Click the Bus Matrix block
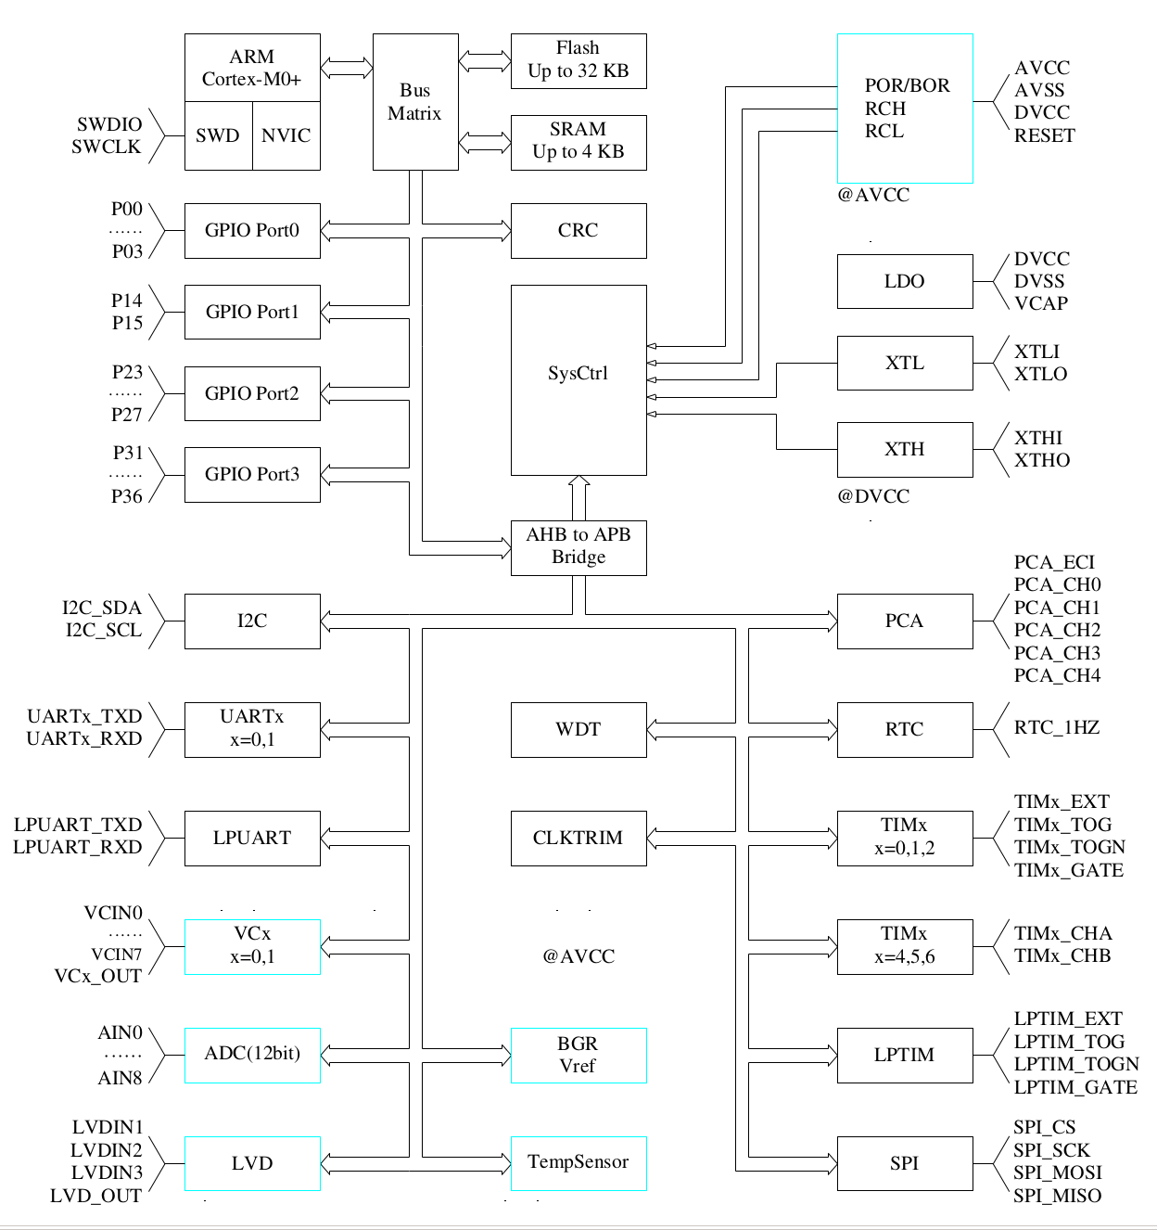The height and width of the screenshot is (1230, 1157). [x=415, y=102]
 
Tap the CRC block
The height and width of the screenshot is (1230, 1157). [x=578, y=230]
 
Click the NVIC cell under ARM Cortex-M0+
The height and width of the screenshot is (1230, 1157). [x=286, y=136]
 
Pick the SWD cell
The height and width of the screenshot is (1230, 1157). [x=218, y=136]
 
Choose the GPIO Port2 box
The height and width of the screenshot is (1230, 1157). [x=252, y=393]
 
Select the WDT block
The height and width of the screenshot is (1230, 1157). [x=578, y=729]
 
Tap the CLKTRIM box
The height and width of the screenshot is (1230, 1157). [x=578, y=838]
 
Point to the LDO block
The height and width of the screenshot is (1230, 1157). [x=905, y=281]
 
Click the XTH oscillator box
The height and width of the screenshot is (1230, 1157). [x=905, y=450]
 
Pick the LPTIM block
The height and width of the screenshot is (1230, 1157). [x=905, y=1055]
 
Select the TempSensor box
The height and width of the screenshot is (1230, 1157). [x=578, y=1162]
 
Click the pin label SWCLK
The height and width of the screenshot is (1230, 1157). [x=107, y=147]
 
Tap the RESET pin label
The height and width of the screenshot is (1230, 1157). [x=1045, y=135]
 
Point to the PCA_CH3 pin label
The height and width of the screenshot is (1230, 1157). [x=1057, y=653]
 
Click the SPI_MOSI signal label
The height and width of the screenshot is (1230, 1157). [x=1057, y=1172]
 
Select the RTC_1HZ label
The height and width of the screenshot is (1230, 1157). [x=1057, y=727]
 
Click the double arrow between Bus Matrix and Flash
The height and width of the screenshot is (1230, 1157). [x=485, y=60]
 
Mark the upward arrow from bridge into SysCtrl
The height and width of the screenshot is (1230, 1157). [x=579, y=498]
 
